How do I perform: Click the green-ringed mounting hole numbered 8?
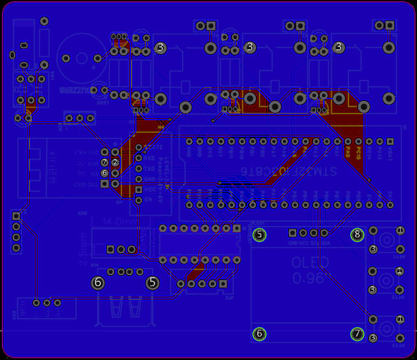[x=358, y=235]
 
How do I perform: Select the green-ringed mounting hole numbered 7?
[x=358, y=334]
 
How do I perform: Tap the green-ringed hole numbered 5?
[x=259, y=235]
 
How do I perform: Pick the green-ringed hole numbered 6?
[x=259, y=334]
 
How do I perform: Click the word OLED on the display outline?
[x=310, y=263]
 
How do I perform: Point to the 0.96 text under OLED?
[x=308, y=278]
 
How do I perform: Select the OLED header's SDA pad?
[x=324, y=233]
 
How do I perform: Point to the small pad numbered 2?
[x=115, y=162]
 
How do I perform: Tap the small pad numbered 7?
[x=105, y=162]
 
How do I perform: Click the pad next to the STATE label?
[x=139, y=147]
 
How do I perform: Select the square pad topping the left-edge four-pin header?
[x=16, y=216]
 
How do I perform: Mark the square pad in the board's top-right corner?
[x=390, y=25]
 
